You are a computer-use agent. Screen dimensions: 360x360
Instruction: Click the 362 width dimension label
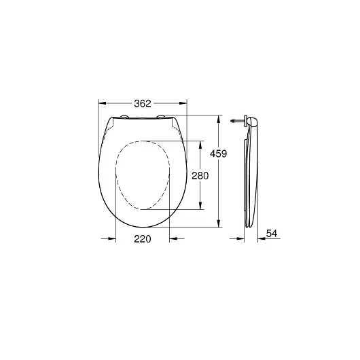[x=143, y=103]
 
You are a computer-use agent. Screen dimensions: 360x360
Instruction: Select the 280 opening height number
[x=199, y=175]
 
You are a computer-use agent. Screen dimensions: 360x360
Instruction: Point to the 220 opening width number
[x=141, y=238]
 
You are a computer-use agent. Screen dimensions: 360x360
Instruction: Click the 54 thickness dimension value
[x=272, y=233]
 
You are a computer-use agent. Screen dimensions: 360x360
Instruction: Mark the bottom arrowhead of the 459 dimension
[x=218, y=226]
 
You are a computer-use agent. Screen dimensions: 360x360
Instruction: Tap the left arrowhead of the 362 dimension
[x=101, y=103]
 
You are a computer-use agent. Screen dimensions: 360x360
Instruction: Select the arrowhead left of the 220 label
[x=111, y=238]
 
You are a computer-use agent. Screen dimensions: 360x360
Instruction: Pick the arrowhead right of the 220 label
[x=172, y=238]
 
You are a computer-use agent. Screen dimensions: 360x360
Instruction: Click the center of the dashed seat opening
[x=143, y=175]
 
